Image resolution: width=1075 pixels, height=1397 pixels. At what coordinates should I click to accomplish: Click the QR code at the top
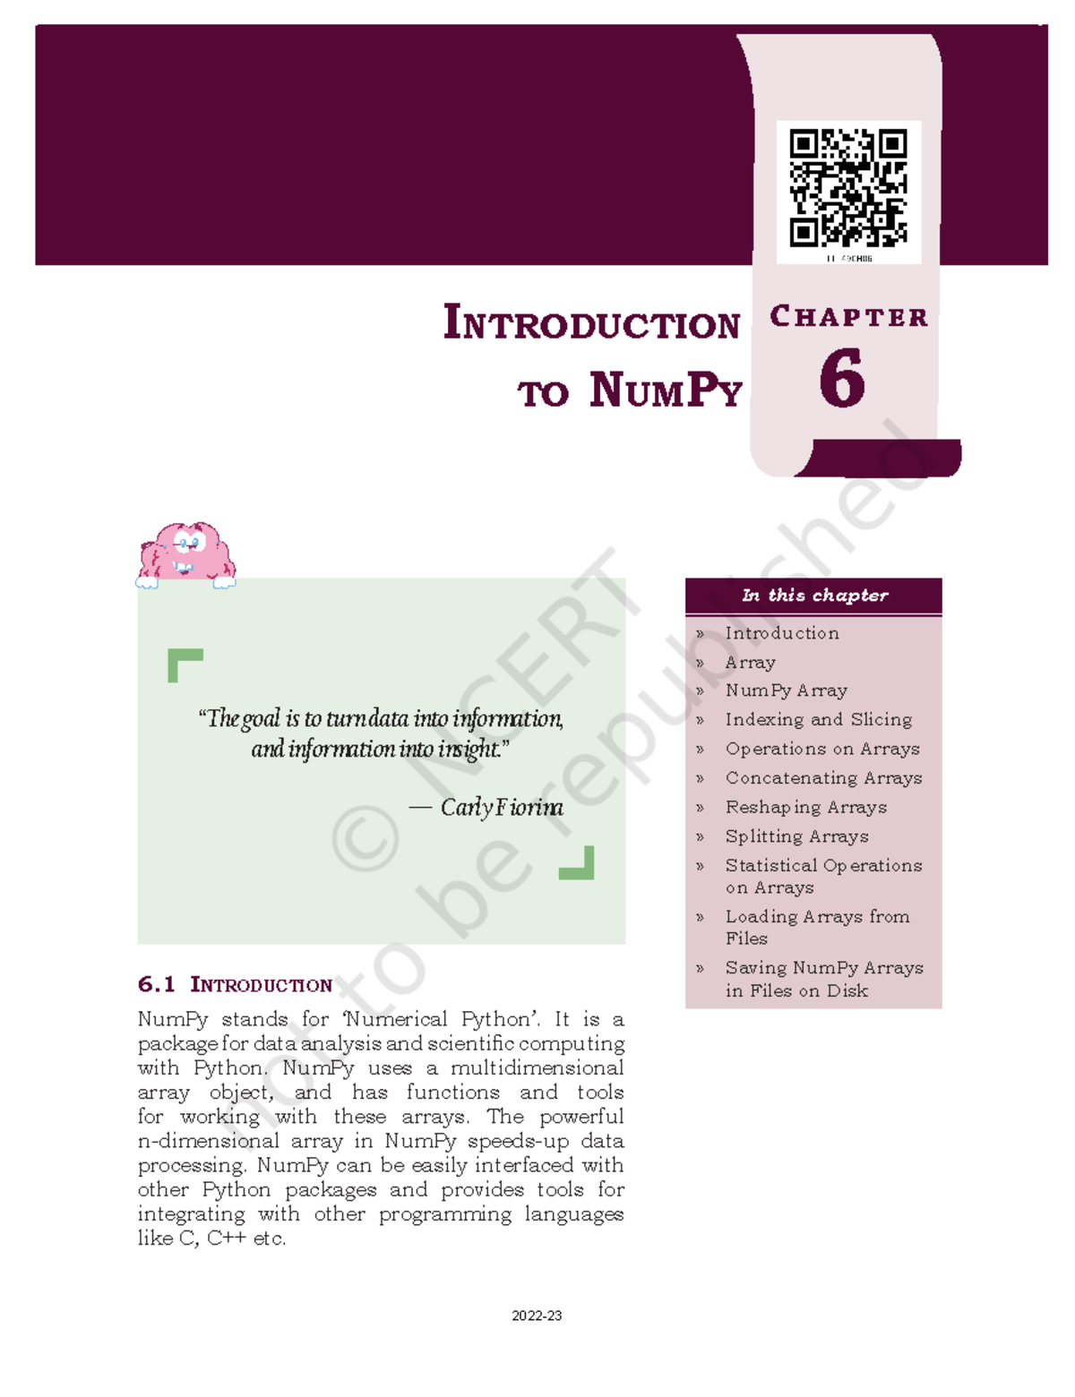click(x=847, y=188)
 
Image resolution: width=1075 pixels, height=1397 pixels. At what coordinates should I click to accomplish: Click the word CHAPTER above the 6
click(x=848, y=317)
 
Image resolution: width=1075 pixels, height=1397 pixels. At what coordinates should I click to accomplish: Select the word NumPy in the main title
click(x=666, y=391)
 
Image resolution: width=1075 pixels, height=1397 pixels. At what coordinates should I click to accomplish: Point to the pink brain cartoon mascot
click(x=185, y=553)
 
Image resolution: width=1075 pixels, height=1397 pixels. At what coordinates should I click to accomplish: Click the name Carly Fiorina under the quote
click(x=501, y=808)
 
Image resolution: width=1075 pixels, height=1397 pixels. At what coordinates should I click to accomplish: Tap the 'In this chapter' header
click(x=814, y=596)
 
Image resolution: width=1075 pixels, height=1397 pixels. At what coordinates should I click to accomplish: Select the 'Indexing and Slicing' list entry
click(x=818, y=719)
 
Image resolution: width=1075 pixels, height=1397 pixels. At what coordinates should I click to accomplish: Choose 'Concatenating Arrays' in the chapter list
click(x=823, y=778)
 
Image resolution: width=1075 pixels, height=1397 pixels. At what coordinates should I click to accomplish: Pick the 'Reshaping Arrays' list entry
click(x=805, y=807)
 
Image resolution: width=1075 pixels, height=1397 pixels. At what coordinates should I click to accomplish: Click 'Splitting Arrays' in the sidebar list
click(x=796, y=836)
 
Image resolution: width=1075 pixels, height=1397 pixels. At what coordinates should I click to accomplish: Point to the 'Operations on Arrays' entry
click(x=822, y=749)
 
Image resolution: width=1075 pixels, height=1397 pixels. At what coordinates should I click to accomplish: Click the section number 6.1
click(x=156, y=984)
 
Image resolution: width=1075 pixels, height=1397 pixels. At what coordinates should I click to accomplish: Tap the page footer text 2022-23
click(x=537, y=1316)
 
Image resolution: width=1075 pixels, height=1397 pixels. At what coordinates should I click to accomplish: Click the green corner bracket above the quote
click(x=185, y=664)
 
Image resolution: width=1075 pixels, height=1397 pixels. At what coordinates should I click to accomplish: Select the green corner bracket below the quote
click(x=577, y=863)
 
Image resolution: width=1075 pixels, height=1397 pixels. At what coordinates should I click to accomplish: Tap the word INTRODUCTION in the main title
click(x=591, y=323)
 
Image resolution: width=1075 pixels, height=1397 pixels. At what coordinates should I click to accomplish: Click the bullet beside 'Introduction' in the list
click(x=700, y=634)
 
